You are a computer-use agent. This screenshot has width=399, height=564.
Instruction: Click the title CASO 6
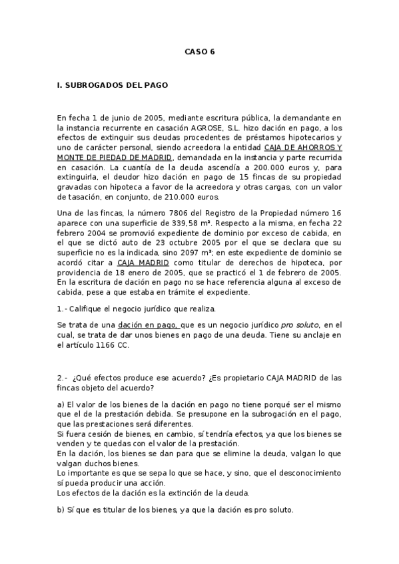(200, 51)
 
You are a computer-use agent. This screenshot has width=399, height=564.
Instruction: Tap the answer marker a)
(61, 404)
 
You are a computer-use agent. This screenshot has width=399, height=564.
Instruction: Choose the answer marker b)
(61, 509)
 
